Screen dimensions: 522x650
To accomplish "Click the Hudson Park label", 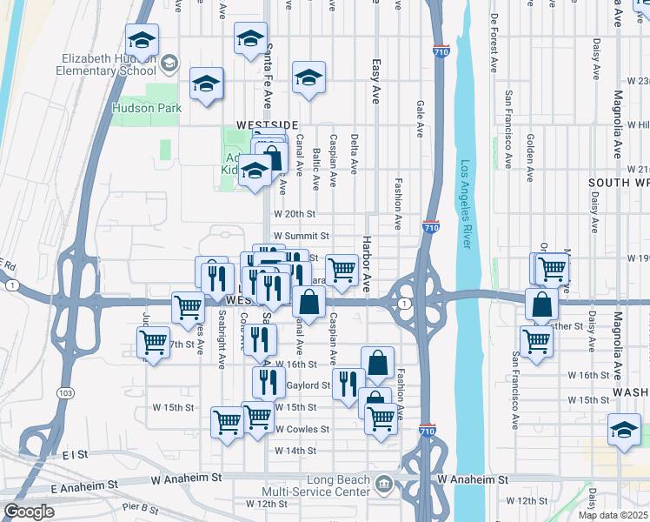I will [x=146, y=109].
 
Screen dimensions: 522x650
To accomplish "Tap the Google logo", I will [x=29, y=512].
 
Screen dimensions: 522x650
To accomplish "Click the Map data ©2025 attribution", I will [x=613, y=515].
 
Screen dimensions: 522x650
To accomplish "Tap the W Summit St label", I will [x=302, y=236].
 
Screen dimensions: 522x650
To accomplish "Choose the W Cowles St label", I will [x=302, y=429].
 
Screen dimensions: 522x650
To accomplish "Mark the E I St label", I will [x=76, y=454].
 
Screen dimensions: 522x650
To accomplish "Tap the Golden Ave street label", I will [x=529, y=157].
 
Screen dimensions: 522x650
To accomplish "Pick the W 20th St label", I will [x=294, y=213].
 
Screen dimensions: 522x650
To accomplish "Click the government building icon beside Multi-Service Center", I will [x=384, y=483].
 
